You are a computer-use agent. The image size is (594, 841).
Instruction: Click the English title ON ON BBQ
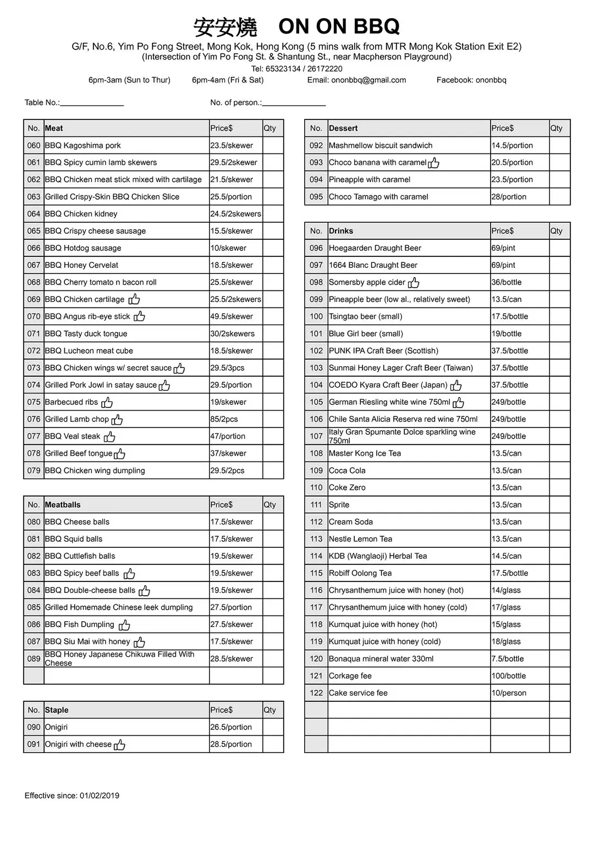pyautogui.click(x=339, y=26)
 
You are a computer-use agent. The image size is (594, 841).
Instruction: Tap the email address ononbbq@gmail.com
pyautogui.click(x=369, y=80)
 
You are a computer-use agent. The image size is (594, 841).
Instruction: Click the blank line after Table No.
pyautogui.click(x=92, y=103)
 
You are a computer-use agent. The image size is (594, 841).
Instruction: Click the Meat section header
pyautogui.click(x=54, y=128)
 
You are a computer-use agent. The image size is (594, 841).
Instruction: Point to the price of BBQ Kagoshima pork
pyautogui.click(x=232, y=145)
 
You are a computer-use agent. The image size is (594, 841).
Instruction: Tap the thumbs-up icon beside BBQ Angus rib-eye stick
pyautogui.click(x=139, y=316)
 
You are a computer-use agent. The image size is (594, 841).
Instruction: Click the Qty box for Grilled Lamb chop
pyautogui.click(x=273, y=419)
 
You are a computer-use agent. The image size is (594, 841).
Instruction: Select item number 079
pyautogui.click(x=34, y=470)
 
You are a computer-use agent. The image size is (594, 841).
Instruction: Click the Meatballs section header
pyautogui.click(x=63, y=504)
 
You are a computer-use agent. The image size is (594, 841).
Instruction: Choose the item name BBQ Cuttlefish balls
pyautogui.click(x=80, y=556)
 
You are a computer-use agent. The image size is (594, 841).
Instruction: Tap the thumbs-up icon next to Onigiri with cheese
pyautogui.click(x=119, y=744)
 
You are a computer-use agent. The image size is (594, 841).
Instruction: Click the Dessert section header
pyautogui.click(x=343, y=128)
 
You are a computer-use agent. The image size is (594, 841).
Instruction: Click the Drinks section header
pyautogui.click(x=341, y=231)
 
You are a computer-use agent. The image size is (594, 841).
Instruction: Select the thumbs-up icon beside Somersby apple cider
pyautogui.click(x=414, y=282)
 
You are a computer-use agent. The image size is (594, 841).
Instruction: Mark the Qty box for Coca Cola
pyautogui.click(x=559, y=470)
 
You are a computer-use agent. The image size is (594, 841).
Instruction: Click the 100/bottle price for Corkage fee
pyautogui.click(x=509, y=675)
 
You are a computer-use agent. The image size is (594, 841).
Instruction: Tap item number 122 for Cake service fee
pyautogui.click(x=316, y=692)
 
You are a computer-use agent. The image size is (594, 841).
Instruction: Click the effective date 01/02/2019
pyautogui.click(x=100, y=795)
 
